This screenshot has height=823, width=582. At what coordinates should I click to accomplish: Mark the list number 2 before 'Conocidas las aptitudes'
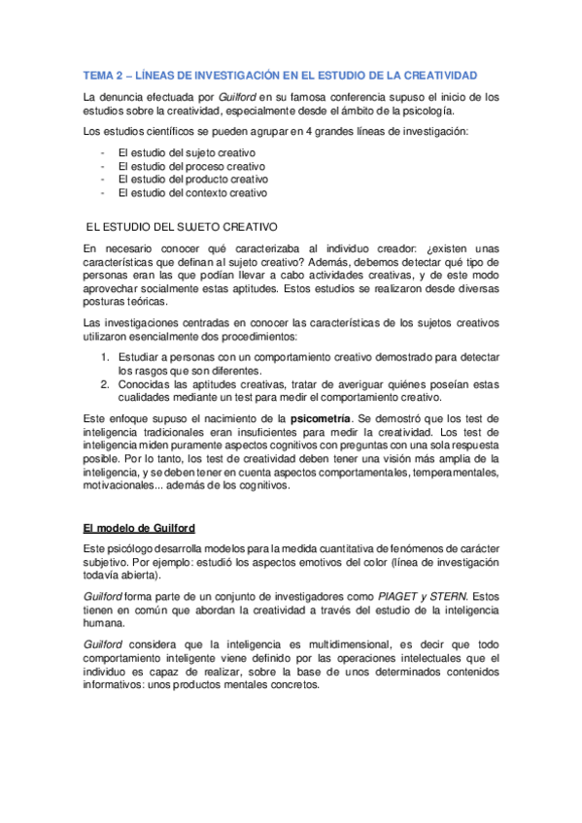tap(106, 384)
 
